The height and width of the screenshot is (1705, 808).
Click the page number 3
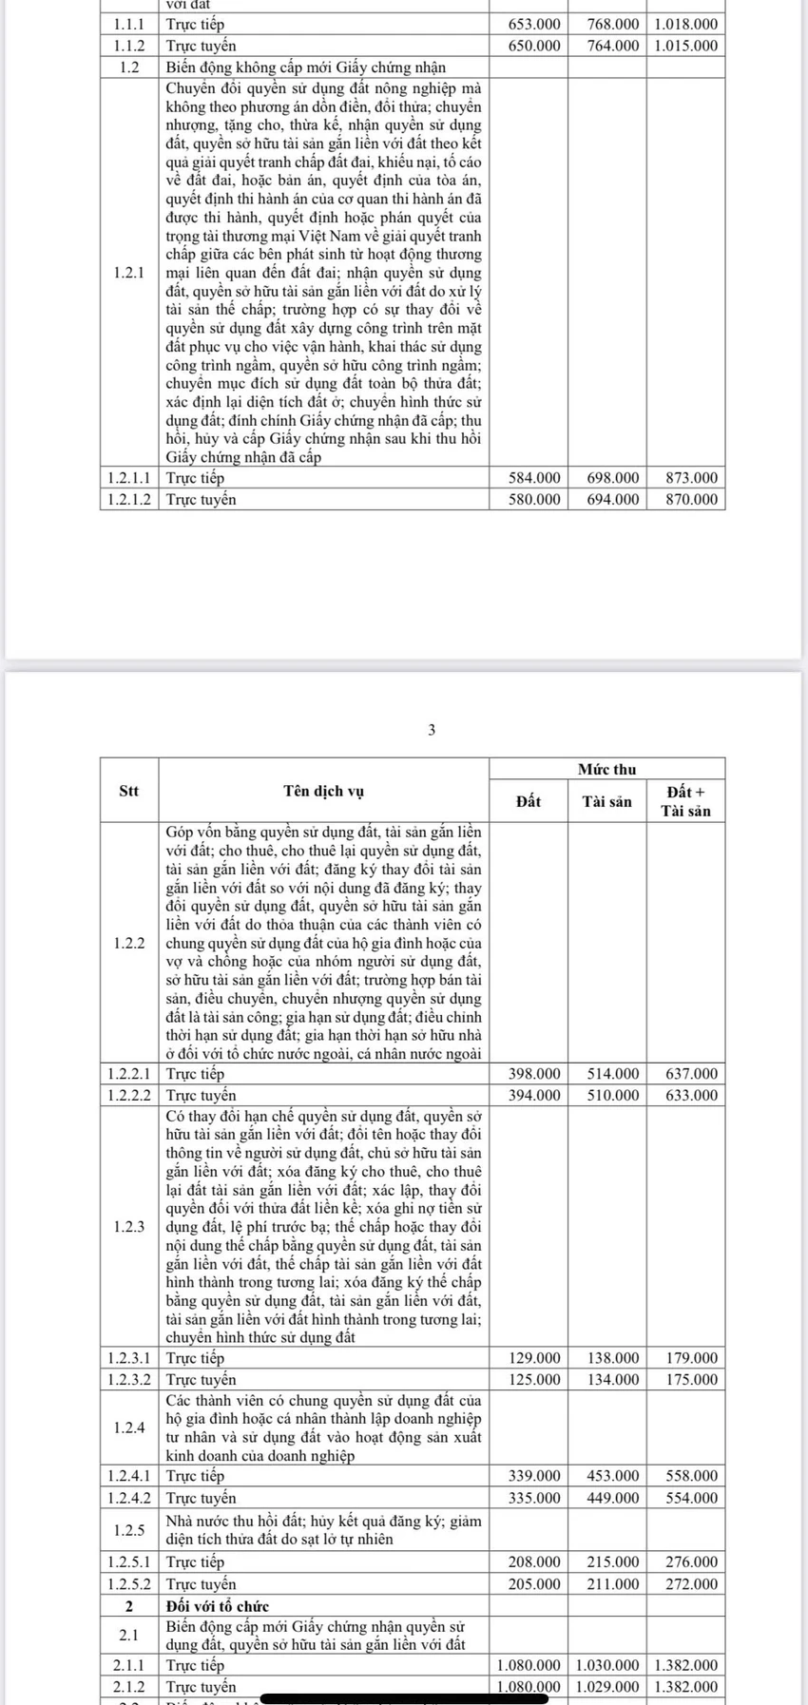(x=432, y=731)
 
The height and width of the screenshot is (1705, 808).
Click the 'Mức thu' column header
(x=606, y=770)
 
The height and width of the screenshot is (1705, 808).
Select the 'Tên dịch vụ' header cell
(x=323, y=791)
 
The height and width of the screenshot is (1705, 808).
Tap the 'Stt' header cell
(x=128, y=791)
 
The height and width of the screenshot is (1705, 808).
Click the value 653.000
(x=534, y=24)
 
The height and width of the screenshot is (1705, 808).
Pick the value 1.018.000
(x=685, y=24)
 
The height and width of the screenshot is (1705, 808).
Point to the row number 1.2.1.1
(x=129, y=478)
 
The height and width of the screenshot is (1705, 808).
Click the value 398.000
(x=534, y=1073)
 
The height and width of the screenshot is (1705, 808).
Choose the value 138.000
(x=613, y=1358)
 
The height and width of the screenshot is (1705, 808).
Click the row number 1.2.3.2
(x=129, y=1379)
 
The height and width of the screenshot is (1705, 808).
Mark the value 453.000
(x=613, y=1476)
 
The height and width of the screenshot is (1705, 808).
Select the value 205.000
(x=534, y=1584)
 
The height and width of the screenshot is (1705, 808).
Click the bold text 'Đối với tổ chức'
(x=218, y=1606)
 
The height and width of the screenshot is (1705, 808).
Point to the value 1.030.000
(x=607, y=1665)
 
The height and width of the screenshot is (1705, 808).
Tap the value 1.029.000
(x=607, y=1686)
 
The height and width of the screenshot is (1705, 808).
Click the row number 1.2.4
(x=128, y=1427)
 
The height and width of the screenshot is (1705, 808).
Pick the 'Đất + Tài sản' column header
(x=685, y=801)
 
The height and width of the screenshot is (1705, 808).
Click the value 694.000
(x=613, y=499)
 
